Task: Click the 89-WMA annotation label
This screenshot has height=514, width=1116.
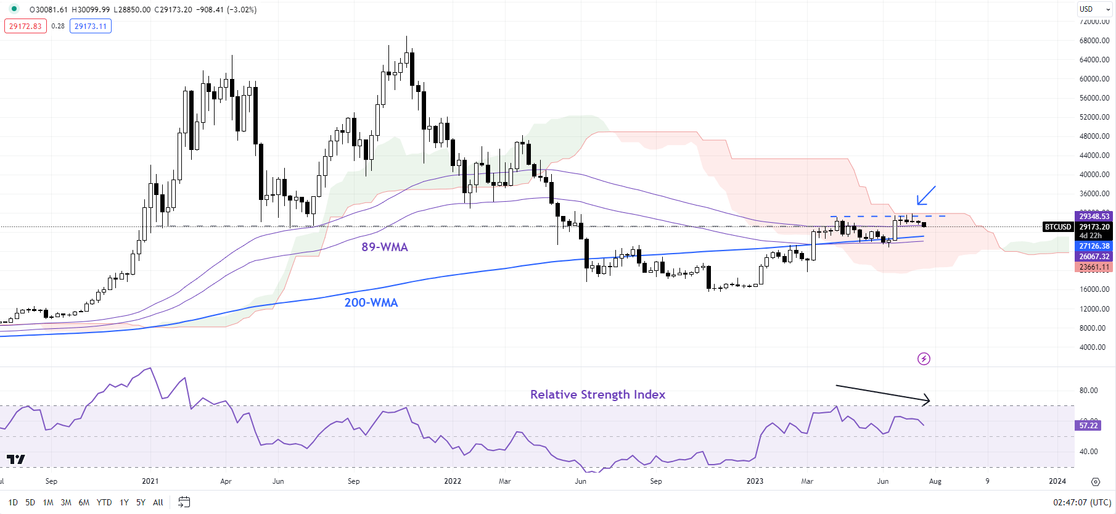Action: click(x=385, y=247)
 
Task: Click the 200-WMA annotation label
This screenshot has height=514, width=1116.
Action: click(x=371, y=302)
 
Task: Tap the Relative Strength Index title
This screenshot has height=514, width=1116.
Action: click(x=597, y=394)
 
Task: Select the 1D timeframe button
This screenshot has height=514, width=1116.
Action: click(x=13, y=502)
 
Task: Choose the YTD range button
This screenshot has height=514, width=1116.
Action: click(x=104, y=502)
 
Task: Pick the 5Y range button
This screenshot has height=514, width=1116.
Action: click(x=141, y=502)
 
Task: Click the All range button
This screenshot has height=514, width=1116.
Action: click(x=158, y=502)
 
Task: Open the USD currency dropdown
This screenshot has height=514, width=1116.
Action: click(x=1093, y=9)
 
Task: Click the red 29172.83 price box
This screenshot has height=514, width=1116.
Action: click(x=25, y=26)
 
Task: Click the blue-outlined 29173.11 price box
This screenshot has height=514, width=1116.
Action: click(x=91, y=26)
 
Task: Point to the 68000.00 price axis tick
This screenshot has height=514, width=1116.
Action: click(x=1094, y=41)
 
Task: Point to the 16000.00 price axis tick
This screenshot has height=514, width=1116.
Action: click(x=1094, y=289)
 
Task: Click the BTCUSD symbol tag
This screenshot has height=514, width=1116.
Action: click(x=1058, y=227)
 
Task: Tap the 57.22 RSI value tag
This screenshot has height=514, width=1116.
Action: click(x=1089, y=425)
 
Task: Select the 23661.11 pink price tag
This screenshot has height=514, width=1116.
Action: click(x=1094, y=267)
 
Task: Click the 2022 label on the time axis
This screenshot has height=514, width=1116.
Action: click(x=453, y=481)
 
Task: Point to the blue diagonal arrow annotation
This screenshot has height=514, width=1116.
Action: click(x=925, y=196)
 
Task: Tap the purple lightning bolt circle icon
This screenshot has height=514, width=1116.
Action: click(x=924, y=359)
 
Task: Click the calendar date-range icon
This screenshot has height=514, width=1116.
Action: click(x=184, y=502)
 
